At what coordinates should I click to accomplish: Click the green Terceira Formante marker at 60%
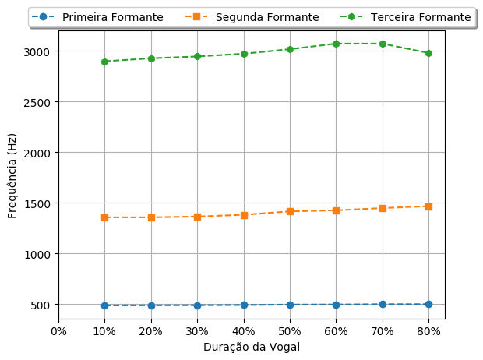[336, 44]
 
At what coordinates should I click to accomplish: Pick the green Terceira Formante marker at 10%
[104, 62]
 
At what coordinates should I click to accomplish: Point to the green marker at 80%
[428, 53]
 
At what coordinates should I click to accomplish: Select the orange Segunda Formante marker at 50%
[290, 211]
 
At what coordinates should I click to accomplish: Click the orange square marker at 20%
[150, 217]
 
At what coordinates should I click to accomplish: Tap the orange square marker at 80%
[428, 206]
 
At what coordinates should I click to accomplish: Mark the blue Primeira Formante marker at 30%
[197, 305]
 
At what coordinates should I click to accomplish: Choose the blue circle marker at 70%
[383, 304]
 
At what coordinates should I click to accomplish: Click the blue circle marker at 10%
[104, 305]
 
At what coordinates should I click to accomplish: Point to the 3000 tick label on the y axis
[37, 51]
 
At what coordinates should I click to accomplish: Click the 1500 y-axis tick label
[37, 203]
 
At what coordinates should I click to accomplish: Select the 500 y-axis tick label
[41, 305]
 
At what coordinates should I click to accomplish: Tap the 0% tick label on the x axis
[58, 330]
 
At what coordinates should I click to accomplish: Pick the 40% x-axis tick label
[244, 330]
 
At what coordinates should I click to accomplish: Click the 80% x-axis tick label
[428, 330]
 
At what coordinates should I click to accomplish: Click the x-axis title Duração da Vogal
[251, 347]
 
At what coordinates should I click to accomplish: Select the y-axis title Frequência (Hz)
[12, 175]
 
